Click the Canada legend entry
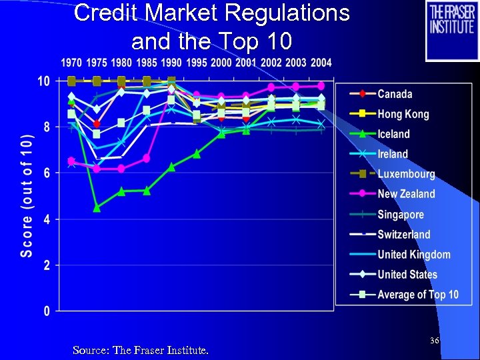tap(395, 94)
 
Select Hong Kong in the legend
tap(403, 114)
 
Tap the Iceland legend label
tap(393, 134)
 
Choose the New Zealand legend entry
tap(406, 194)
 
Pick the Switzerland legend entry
tap(404, 234)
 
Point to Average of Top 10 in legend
tap(418, 294)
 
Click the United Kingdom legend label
tap(413, 254)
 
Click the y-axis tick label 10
tap(43, 81)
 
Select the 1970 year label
tap(72, 63)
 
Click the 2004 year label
tap(321, 63)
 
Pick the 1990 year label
tap(171, 63)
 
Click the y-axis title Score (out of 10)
tap(26, 196)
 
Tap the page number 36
tap(434, 341)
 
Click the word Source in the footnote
tap(90, 350)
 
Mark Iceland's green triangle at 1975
tap(97, 208)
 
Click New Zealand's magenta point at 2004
tap(321, 86)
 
